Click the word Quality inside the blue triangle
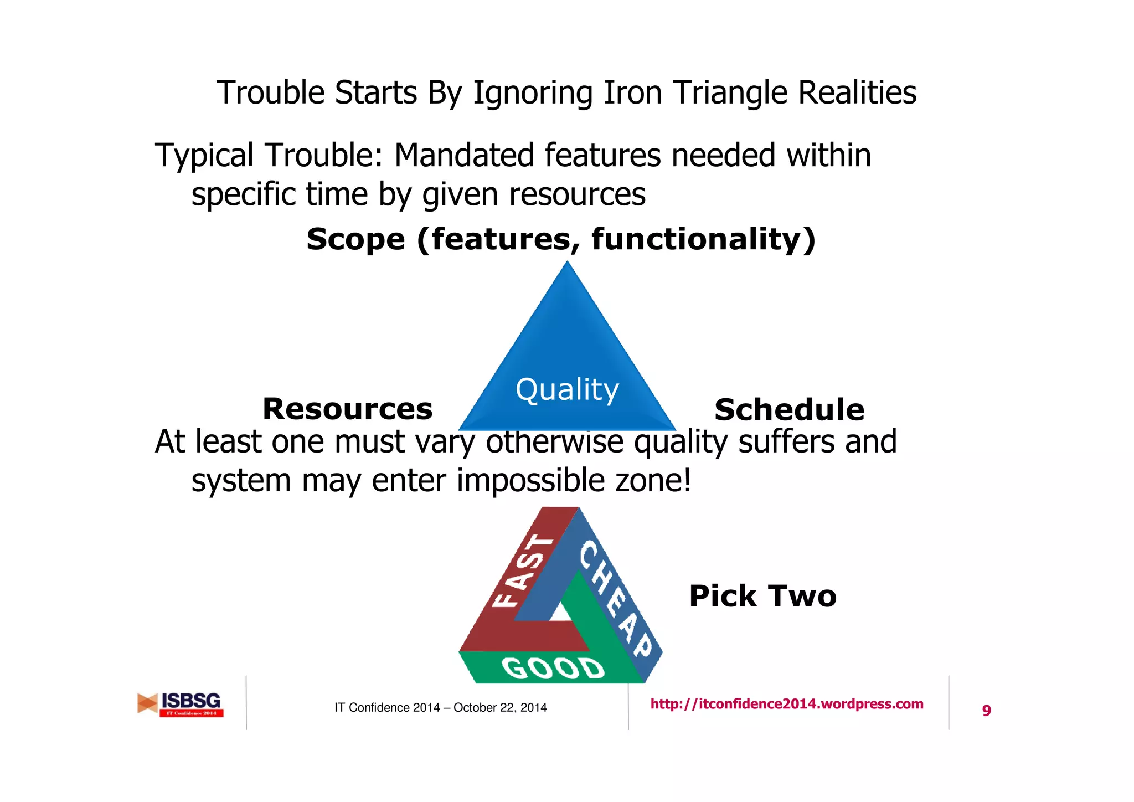pos(567,390)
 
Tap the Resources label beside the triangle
pos(347,409)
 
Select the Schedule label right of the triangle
pos(789,410)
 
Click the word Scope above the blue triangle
pos(355,239)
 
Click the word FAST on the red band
pos(522,570)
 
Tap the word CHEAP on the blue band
pos(615,598)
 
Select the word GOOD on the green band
pos(553,669)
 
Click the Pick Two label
pos(762,597)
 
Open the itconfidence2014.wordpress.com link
pos(786,704)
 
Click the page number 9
pos(986,711)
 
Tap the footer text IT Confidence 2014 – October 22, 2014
pos(440,707)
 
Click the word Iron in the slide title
pos(632,92)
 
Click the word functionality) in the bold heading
pos(703,239)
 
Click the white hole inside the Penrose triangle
pos(561,612)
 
